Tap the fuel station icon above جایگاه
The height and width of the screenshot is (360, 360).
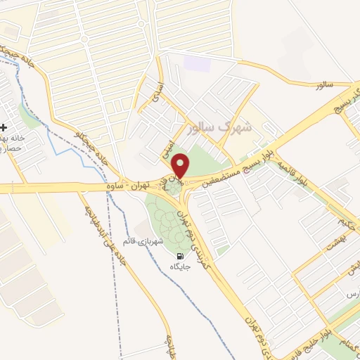(181, 256)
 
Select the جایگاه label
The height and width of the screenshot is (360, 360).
(181, 267)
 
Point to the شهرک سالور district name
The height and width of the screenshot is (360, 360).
(220, 129)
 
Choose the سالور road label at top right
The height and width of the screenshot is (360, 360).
(323, 84)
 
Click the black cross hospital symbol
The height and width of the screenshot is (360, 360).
(4, 128)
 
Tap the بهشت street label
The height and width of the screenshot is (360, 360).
(331, 246)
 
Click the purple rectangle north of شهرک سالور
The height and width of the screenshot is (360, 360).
(193, 62)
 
